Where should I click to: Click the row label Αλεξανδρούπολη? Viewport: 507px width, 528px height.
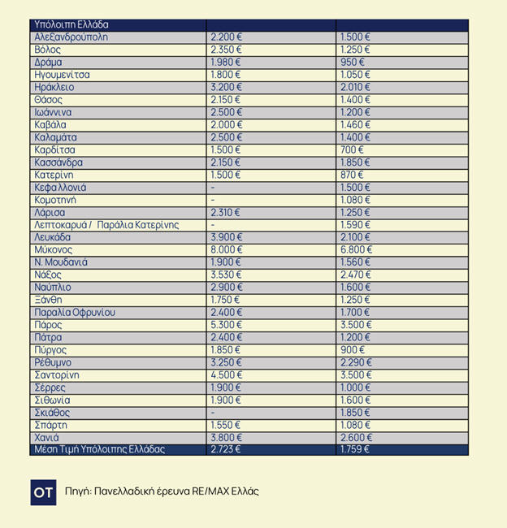[71, 37]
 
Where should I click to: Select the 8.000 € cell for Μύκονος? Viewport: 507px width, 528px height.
[226, 250]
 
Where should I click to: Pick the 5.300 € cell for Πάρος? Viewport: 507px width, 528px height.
[226, 325]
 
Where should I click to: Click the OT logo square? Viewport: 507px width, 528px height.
[43, 492]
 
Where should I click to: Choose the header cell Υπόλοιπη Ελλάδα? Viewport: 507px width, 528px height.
[71, 25]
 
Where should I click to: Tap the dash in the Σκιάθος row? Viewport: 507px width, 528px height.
[213, 413]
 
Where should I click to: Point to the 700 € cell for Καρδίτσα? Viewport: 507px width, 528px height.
[352, 150]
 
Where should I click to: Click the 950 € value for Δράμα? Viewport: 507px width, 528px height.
[352, 63]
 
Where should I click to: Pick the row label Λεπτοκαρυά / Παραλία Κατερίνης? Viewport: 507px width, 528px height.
[106, 225]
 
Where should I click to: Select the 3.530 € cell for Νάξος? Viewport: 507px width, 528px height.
[226, 275]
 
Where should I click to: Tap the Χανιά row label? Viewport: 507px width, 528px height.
[48, 438]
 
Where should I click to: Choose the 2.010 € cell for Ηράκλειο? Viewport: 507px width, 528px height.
[355, 88]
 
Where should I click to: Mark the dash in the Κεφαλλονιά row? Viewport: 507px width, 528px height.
[213, 188]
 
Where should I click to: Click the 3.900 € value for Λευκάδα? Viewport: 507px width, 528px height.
[226, 237]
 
